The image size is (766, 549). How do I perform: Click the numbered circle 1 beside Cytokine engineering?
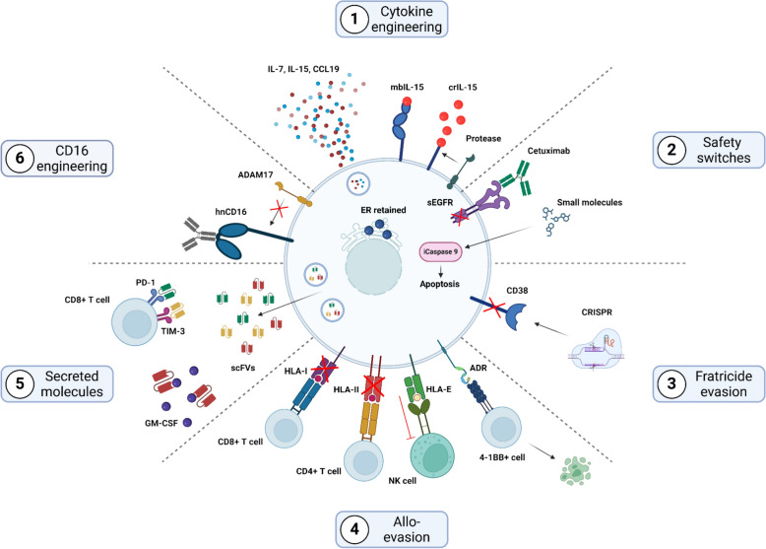pyautogui.click(x=353, y=19)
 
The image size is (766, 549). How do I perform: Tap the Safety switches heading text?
pyautogui.click(x=723, y=150)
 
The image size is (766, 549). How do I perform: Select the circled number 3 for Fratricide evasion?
pyautogui.click(x=671, y=383)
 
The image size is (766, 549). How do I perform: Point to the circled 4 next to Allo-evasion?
pyautogui.click(x=354, y=529)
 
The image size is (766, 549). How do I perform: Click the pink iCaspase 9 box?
pyautogui.click(x=441, y=251)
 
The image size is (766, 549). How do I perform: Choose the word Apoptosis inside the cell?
pyautogui.click(x=440, y=284)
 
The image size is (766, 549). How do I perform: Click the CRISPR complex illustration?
pyautogui.click(x=597, y=349)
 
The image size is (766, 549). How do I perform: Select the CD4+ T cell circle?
pyautogui.click(x=363, y=460)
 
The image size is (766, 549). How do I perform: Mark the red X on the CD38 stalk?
pyautogui.click(x=495, y=309)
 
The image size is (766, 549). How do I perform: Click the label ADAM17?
pyautogui.click(x=255, y=174)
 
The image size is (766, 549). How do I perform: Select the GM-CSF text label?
pyautogui.click(x=161, y=423)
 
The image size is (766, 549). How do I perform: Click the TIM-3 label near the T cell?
pyautogui.click(x=173, y=331)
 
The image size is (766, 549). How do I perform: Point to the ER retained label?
pyautogui.click(x=383, y=210)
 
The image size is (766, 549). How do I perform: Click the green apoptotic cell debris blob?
pyautogui.click(x=575, y=470)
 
